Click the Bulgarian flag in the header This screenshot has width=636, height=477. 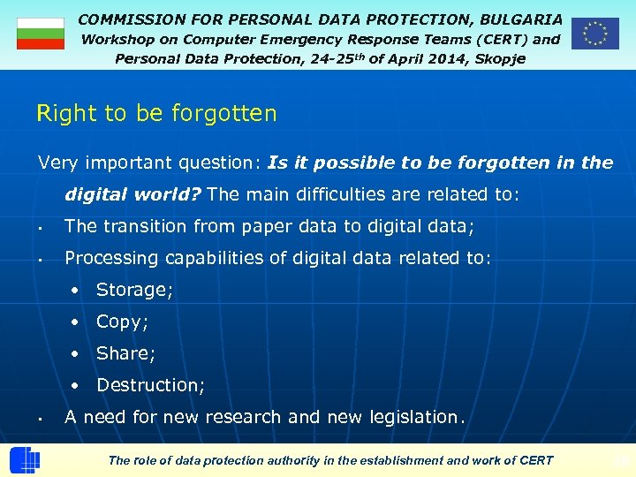pos(41,34)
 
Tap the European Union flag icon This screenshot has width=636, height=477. pos(594,34)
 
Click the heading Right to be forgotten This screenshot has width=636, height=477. pos(156,113)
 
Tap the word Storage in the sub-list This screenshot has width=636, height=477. pos(132,290)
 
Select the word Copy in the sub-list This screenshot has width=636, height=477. pos(120,322)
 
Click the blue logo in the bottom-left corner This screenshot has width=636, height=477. pos(25,461)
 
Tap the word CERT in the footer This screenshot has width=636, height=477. pos(535,460)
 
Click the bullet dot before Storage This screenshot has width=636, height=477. pos(78,291)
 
